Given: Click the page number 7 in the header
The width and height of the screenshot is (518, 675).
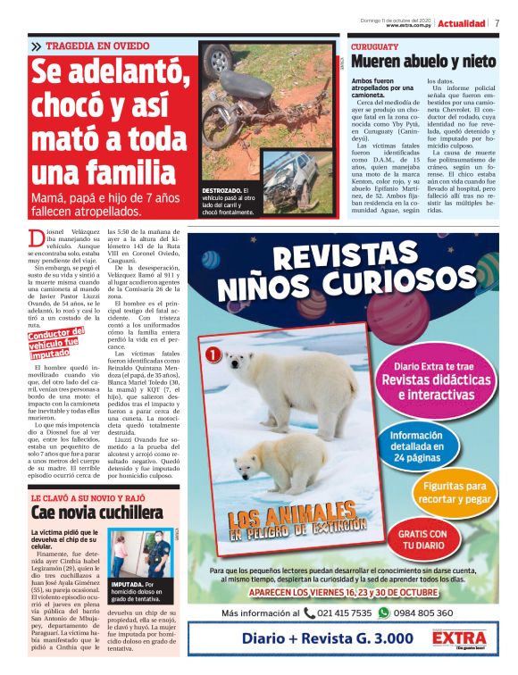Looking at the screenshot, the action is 497,23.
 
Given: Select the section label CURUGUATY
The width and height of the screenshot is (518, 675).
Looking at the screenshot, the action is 374,46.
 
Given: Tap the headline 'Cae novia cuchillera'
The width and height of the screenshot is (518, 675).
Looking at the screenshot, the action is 97,512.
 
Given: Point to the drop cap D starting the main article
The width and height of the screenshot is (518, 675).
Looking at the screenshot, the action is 36,238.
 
